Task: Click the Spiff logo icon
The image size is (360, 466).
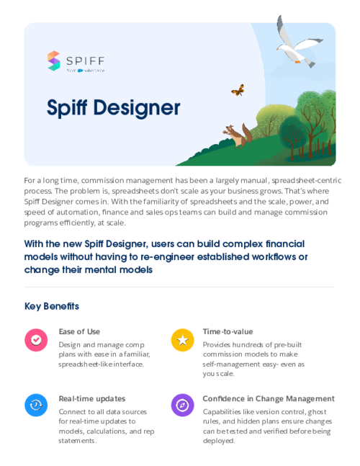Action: [54, 61]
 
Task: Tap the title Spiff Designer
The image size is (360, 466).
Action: [113, 107]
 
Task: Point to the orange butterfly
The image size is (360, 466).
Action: [238, 90]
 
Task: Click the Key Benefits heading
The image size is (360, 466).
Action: [51, 306]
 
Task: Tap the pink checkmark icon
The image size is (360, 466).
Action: [36, 340]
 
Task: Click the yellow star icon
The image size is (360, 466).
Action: [182, 340]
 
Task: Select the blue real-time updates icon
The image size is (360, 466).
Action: [36, 405]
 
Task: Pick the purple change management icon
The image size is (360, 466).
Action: [182, 405]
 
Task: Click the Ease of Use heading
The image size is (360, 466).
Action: [79, 331]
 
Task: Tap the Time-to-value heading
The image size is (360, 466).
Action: [228, 331]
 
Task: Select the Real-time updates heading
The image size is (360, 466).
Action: [91, 398]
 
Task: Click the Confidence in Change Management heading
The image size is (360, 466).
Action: [268, 398]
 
